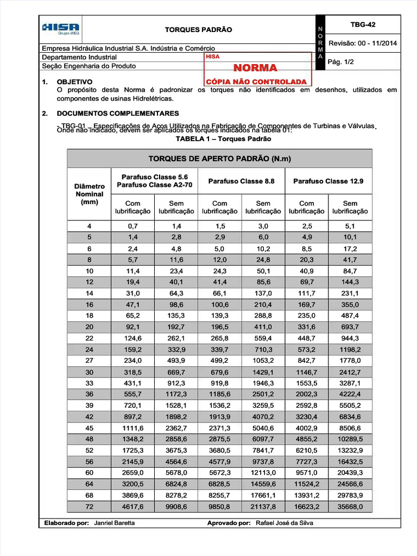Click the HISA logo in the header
[61, 29]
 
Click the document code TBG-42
[363, 24]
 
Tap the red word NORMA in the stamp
[255, 68]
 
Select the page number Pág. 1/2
[342, 62]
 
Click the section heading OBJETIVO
[74, 81]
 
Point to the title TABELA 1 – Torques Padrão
[223, 139]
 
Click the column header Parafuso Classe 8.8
[241, 181]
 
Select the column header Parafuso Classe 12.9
[328, 181]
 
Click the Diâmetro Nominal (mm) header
[90, 194]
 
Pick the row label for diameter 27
[90, 361]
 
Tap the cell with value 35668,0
[350, 507]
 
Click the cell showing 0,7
[133, 226]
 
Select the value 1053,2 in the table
[263, 361]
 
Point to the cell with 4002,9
[307, 428]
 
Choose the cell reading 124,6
[133, 338]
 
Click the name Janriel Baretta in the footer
[115, 523]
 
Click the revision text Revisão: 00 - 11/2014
[363, 43]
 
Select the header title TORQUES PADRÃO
[198, 29]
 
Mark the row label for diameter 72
[90, 507]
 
